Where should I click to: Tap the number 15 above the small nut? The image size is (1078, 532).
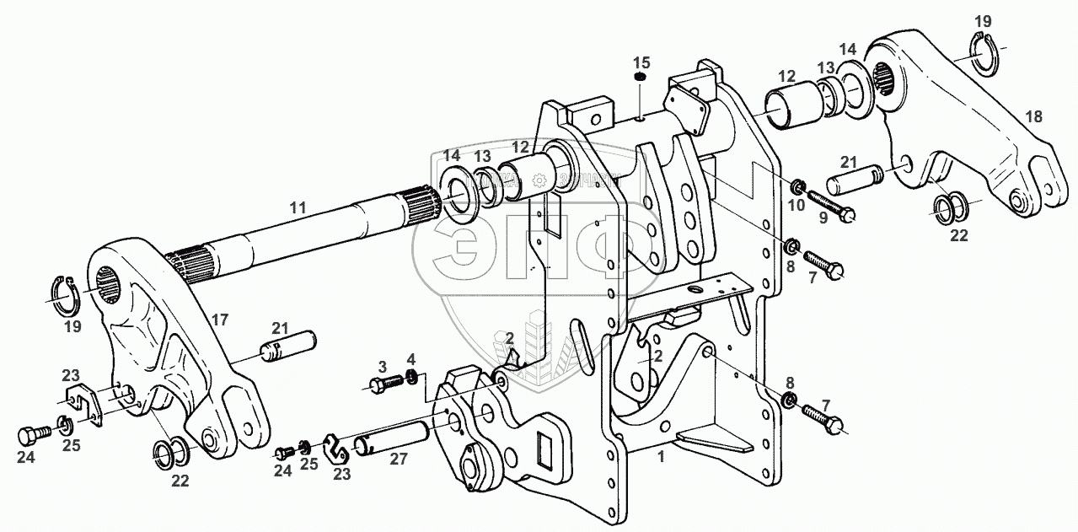pos(641,62)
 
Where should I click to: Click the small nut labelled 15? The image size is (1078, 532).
pos(640,78)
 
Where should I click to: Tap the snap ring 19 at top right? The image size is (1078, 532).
pos(984,51)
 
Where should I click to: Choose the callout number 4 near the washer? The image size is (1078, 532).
pos(410,359)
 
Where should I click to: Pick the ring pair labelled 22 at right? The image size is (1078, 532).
pos(950,206)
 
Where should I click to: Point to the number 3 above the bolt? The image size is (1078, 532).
pos(382,366)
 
